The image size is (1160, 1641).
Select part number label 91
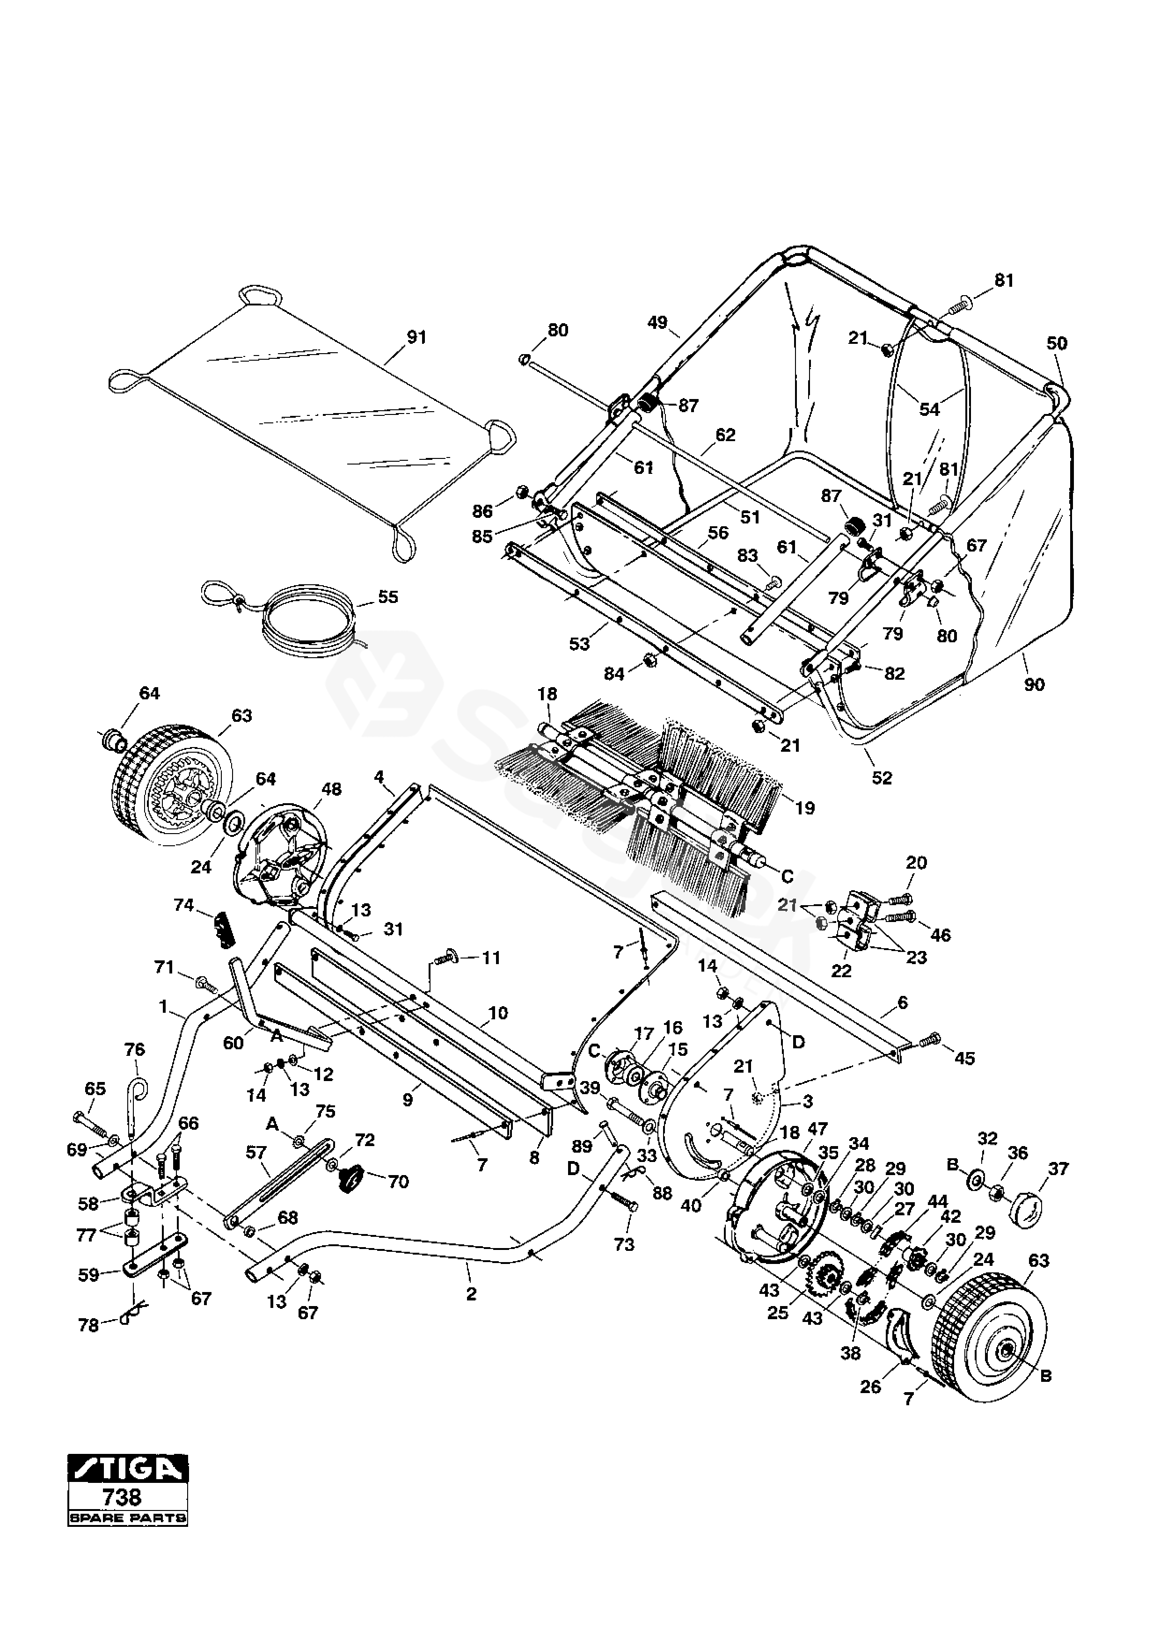[416, 337]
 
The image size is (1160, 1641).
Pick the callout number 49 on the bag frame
[657, 324]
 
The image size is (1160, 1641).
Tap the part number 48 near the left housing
[332, 789]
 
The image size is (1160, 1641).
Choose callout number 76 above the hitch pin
[134, 1049]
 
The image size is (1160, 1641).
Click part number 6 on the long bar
[903, 1003]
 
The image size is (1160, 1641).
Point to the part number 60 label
[233, 1043]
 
